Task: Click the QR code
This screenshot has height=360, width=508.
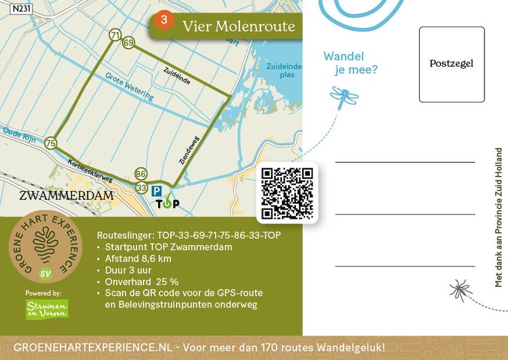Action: point(288,193)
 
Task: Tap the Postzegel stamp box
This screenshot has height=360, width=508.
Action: point(451,64)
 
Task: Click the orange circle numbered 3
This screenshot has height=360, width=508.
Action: point(164,20)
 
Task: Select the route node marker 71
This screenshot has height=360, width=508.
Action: point(115,35)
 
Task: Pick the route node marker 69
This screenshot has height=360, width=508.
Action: point(129,43)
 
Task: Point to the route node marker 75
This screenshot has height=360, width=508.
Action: point(51,143)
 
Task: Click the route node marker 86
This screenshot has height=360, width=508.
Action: point(141,174)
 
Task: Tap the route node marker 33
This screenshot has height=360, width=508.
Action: point(141,187)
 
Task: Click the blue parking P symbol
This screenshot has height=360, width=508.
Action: point(156,190)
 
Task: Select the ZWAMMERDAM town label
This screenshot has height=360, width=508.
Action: point(67,195)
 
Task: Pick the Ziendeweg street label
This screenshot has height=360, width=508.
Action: point(185,152)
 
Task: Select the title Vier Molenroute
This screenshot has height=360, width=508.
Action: point(238,26)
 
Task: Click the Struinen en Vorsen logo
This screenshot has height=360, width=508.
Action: point(47,309)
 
